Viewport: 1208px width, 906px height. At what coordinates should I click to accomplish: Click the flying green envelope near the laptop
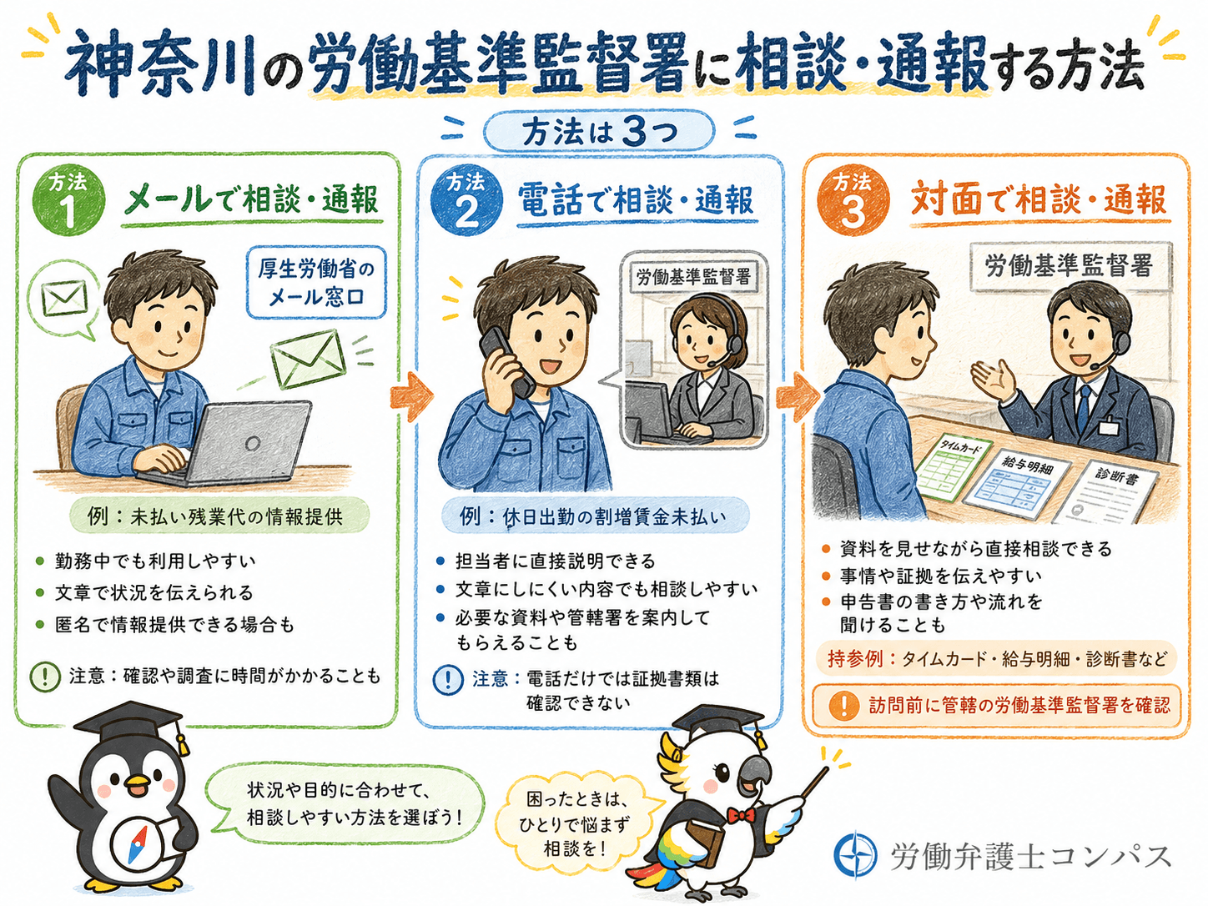pos(309,359)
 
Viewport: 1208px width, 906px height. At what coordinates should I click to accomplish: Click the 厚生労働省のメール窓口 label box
pos(316,283)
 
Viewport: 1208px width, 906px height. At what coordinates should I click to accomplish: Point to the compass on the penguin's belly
pos(137,843)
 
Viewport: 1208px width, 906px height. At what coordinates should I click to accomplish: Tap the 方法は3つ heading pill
pos(599,132)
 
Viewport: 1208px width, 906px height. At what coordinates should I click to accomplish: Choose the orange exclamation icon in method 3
pos(843,705)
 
